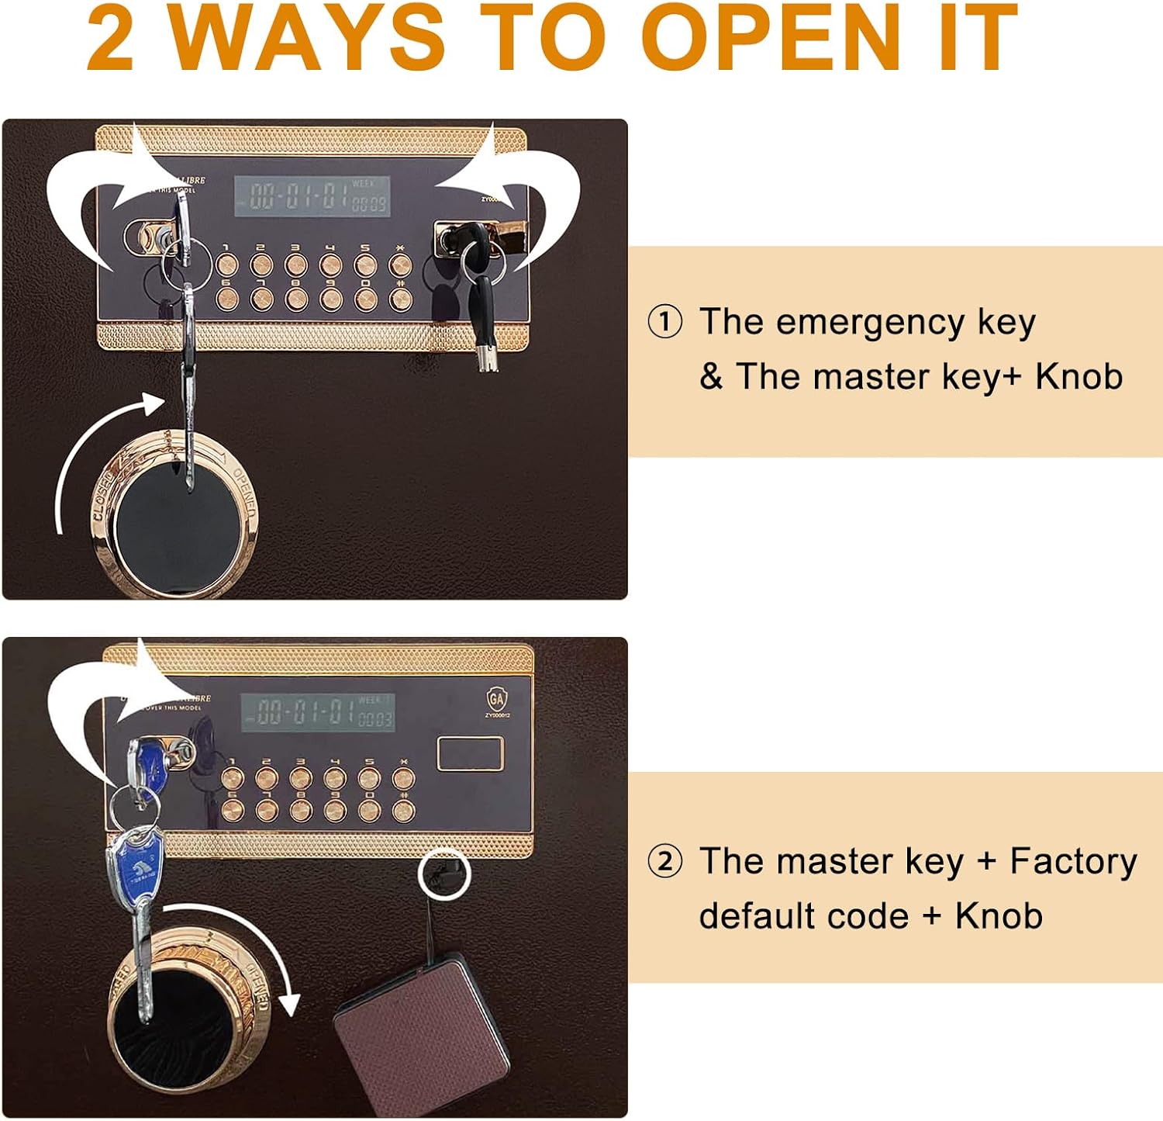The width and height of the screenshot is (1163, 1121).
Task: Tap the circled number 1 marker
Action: [664, 322]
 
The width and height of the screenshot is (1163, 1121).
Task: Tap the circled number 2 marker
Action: [664, 862]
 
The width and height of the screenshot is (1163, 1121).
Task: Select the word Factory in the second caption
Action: [1072, 861]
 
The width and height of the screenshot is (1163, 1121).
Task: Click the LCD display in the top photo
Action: [312, 196]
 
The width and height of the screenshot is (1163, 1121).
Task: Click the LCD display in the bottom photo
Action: [318, 711]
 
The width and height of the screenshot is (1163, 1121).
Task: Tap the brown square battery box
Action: [423, 1032]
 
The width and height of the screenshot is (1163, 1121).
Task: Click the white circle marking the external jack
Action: [444, 873]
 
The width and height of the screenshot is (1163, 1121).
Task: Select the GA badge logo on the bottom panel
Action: [496, 699]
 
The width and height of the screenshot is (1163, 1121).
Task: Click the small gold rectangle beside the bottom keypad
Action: [470, 754]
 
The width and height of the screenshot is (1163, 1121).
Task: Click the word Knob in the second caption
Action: [998, 916]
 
